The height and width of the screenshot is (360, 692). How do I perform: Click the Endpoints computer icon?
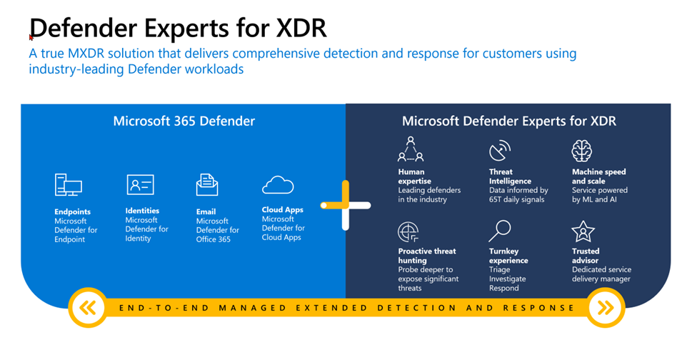(x=69, y=184)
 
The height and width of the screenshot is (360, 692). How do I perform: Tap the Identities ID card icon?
(x=141, y=184)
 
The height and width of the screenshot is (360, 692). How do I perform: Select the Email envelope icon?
(x=207, y=184)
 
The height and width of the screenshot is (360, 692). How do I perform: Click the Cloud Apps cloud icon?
(x=278, y=185)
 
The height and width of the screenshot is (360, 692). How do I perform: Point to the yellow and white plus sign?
(x=346, y=205)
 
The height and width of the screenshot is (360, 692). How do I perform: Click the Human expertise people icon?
(x=411, y=149)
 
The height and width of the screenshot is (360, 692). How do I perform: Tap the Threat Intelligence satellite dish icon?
(x=500, y=151)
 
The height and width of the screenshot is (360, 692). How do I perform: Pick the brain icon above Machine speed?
(x=582, y=151)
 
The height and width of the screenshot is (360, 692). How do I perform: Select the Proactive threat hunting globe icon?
(x=408, y=232)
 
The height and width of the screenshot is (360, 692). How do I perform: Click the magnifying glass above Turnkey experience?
(x=500, y=231)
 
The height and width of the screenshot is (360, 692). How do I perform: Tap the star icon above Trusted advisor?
(x=583, y=231)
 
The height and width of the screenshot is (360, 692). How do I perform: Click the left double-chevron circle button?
(x=89, y=307)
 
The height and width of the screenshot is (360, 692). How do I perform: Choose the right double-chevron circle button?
(x=605, y=307)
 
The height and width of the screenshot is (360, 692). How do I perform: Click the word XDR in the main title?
(x=301, y=28)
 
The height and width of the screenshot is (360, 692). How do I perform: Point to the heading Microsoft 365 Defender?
(x=184, y=121)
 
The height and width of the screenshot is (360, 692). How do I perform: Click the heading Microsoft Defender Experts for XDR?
(x=509, y=121)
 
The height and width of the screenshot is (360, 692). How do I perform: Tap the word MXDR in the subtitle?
(x=86, y=54)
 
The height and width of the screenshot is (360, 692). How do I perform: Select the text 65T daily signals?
(x=516, y=199)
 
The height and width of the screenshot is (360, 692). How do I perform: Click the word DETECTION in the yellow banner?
(x=417, y=307)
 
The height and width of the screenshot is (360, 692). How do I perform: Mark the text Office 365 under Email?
(x=213, y=239)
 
